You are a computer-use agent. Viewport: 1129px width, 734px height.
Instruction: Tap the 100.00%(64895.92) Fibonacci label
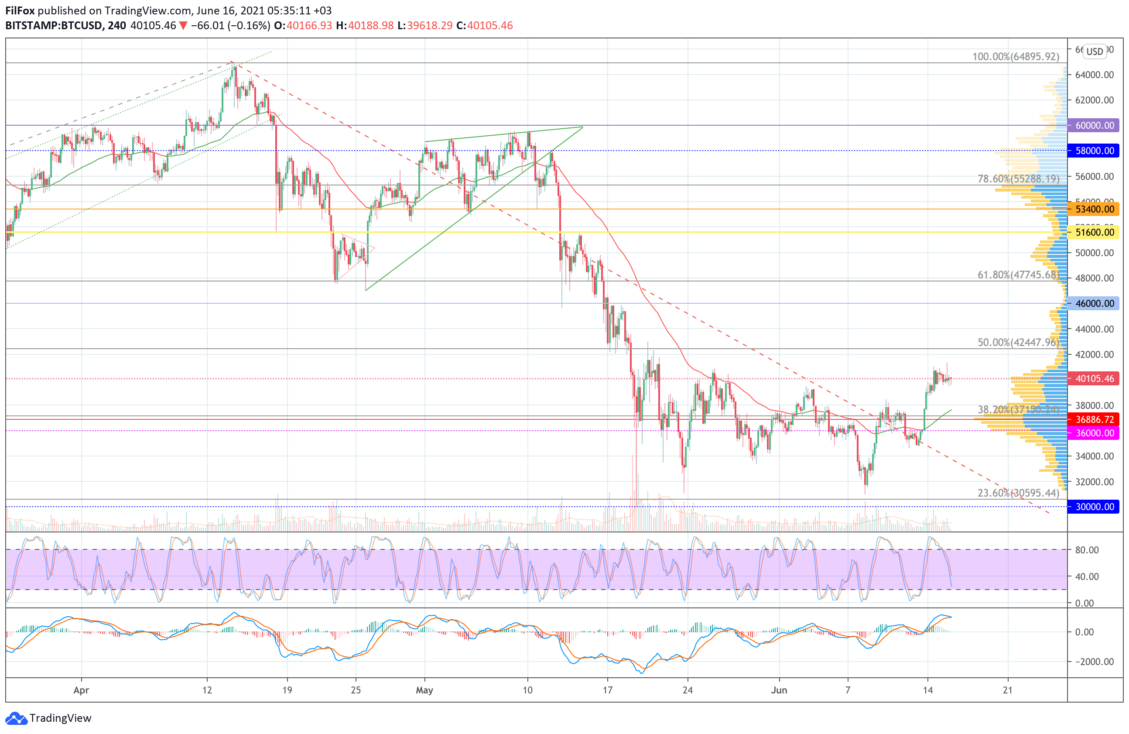pyautogui.click(x=1015, y=57)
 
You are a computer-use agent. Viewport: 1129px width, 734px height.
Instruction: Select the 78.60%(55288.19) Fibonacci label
pyautogui.click(x=1018, y=179)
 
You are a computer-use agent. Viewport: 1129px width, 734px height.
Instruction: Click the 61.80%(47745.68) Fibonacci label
pyautogui.click(x=1018, y=275)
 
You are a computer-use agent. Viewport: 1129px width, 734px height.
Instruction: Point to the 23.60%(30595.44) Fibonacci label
pyautogui.click(x=1018, y=493)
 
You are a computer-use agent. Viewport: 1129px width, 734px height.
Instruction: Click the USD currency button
pyautogui.click(x=1095, y=51)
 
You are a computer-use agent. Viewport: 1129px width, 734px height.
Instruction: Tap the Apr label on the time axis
pyautogui.click(x=81, y=690)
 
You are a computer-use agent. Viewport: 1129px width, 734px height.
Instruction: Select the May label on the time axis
pyautogui.click(x=424, y=690)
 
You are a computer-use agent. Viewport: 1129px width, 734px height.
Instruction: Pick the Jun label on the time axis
pyautogui.click(x=779, y=690)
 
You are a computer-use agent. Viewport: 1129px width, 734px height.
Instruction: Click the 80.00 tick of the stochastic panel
pyautogui.click(x=1087, y=550)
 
